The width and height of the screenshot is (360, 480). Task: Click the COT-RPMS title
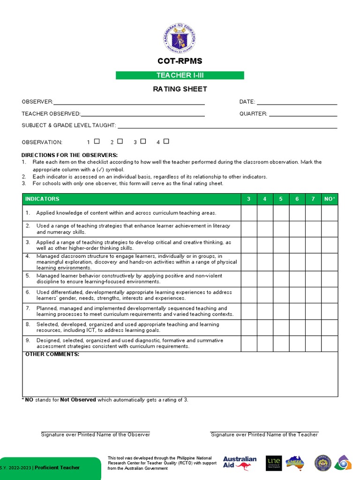click(180, 61)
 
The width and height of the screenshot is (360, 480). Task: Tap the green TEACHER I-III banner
click(180, 75)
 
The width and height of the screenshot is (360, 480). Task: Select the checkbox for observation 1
click(97, 141)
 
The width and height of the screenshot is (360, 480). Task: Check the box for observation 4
click(166, 141)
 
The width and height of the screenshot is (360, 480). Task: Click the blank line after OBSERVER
click(129, 102)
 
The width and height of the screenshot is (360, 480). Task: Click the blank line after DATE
click(297, 102)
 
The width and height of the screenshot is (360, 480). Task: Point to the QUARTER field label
click(253, 113)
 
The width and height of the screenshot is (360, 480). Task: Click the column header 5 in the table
click(281, 199)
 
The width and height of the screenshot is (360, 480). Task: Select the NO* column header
click(330, 199)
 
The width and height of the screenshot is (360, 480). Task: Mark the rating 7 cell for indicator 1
click(313, 213)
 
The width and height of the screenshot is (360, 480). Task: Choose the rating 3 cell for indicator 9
click(249, 344)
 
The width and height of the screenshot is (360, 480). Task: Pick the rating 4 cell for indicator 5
click(265, 279)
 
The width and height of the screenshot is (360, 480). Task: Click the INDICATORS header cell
click(42, 199)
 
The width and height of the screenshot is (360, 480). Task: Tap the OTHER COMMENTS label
click(52, 354)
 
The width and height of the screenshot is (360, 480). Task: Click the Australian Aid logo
click(240, 463)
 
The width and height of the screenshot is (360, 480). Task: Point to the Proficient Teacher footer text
click(57, 467)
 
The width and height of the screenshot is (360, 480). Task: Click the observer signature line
click(96, 431)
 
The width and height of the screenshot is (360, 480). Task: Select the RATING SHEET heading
click(180, 89)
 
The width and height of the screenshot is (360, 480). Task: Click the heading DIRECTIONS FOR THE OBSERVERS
click(69, 155)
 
